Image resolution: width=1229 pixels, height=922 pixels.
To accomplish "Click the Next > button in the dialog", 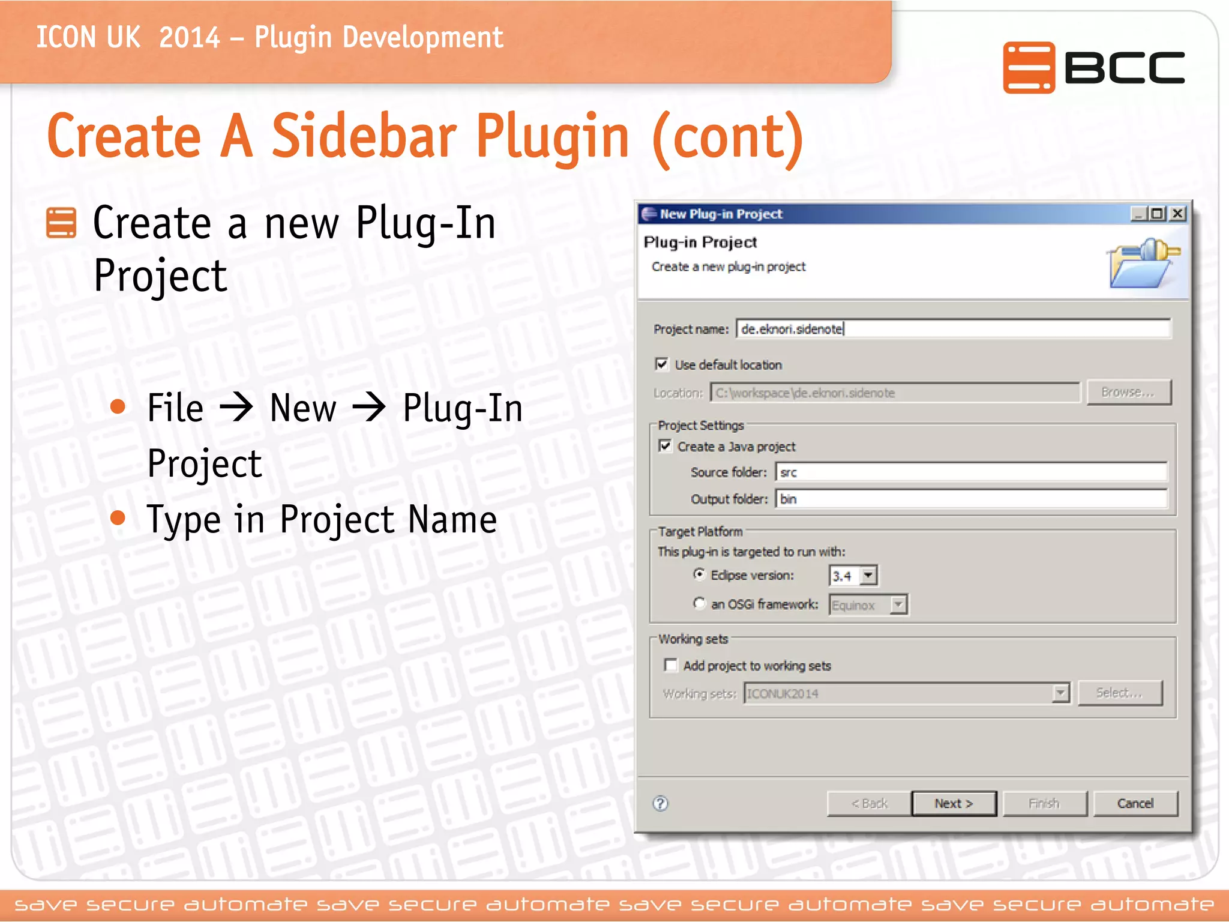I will click(954, 804).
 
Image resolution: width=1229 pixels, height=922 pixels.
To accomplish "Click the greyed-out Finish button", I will click(1044, 804).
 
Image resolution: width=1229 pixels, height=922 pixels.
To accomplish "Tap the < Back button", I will click(869, 804).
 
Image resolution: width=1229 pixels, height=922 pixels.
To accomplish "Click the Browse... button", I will click(1128, 393).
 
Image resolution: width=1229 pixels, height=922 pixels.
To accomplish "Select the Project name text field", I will click(953, 329).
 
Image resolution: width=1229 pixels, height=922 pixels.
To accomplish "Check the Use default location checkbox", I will click(662, 364).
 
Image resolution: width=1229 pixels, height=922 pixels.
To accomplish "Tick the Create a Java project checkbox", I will click(665, 446).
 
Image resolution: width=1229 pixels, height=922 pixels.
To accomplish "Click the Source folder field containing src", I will click(971, 472).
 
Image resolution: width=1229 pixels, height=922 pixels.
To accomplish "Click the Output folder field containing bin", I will click(971, 499).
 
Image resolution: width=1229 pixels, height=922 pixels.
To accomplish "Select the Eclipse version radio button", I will click(699, 574).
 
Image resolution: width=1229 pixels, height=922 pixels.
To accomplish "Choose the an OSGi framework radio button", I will click(699, 603).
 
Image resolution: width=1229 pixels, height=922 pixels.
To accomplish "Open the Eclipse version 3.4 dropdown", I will click(868, 576).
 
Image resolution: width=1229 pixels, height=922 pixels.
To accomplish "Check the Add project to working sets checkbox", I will click(671, 665).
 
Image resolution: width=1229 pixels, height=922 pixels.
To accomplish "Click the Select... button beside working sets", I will click(1120, 693).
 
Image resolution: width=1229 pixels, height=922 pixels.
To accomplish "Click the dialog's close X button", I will click(1178, 214).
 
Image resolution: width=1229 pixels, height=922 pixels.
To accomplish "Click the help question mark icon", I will click(661, 804).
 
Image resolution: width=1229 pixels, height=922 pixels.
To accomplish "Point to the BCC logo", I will click(1093, 67).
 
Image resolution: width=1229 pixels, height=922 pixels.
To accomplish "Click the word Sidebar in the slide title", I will click(364, 137).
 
